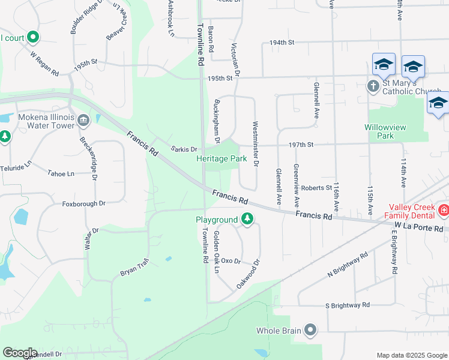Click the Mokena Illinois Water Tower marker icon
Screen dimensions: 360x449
pos(83,122)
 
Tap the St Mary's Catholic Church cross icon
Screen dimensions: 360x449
pos(372,86)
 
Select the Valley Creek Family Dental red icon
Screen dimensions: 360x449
pos(443,210)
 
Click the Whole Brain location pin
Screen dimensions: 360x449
pos(310,330)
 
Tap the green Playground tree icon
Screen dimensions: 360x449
pos(247,220)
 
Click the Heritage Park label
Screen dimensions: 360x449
pos(221,159)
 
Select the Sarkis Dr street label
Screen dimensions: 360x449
pos(184,149)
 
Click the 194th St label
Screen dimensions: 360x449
pos(282,43)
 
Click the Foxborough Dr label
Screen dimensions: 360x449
pos(83,204)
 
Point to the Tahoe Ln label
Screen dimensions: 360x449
pos(61,173)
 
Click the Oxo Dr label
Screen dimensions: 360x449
pos(231,261)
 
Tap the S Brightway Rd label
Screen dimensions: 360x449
pos(347,305)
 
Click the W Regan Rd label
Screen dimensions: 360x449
pos(44,63)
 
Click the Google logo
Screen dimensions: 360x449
pos(20,353)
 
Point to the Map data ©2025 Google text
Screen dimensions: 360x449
pos(412,355)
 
